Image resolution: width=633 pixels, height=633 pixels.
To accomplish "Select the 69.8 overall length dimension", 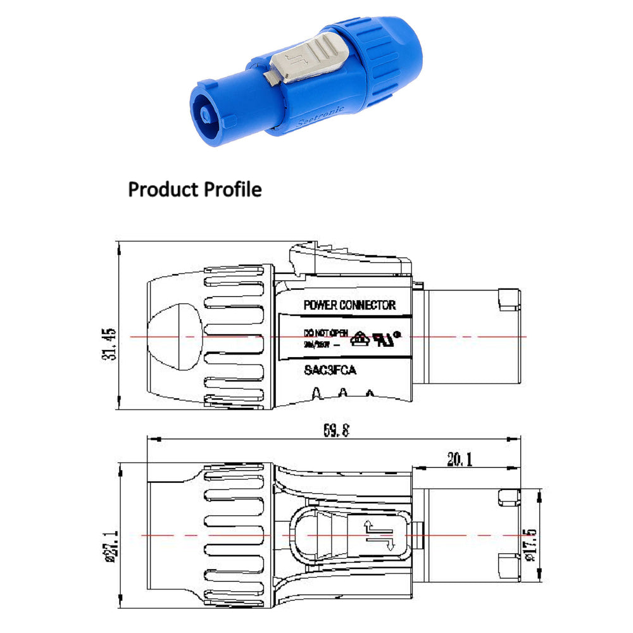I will click(337, 431).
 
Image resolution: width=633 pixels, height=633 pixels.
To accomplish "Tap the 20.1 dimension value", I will click(460, 460).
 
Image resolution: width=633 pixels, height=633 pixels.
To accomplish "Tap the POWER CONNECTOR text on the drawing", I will click(349, 305).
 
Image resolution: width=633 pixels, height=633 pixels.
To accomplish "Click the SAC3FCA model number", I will click(330, 370).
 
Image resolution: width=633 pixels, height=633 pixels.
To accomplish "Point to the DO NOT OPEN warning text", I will click(325, 332).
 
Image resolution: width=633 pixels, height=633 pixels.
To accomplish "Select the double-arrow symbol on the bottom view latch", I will click(372, 534).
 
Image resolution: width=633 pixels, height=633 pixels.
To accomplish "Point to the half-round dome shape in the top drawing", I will click(180, 336).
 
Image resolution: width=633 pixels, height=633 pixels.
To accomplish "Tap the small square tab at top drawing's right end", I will click(509, 299).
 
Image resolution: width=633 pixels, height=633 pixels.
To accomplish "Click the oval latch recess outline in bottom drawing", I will click(310, 535).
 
